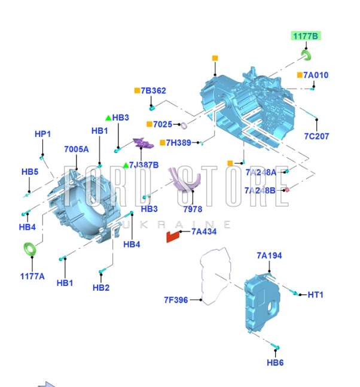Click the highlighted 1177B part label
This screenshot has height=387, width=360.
(306, 36)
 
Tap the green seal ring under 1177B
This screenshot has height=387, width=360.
(306, 55)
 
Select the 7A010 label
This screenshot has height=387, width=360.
(316, 75)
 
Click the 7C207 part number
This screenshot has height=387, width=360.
(316, 136)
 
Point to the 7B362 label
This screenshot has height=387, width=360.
(153, 90)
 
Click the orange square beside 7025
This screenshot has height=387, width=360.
(150, 124)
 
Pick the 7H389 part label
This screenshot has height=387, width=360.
(178, 142)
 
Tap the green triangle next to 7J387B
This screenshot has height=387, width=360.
(126, 165)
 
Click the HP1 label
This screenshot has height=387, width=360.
(42, 134)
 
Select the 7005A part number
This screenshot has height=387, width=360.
(76, 150)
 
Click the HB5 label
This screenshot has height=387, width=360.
(30, 172)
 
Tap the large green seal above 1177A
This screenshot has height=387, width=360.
(30, 249)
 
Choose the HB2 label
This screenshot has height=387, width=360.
(101, 288)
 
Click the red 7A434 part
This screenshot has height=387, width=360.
(173, 237)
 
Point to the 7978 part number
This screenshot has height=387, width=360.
(193, 209)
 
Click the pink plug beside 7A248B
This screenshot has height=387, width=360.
(287, 190)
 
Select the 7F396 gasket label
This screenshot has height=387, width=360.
(176, 300)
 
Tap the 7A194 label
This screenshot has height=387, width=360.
(269, 255)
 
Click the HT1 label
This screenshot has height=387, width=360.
(315, 294)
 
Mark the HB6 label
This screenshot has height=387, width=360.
(275, 362)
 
